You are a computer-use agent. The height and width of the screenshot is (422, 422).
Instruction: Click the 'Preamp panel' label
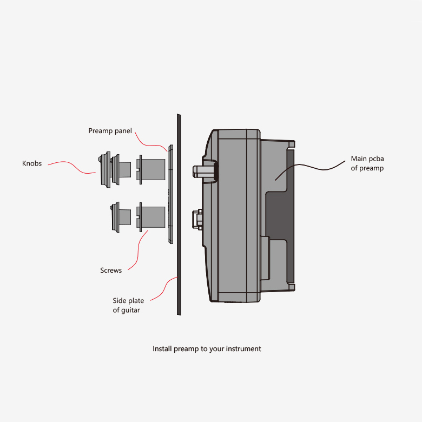[110, 131]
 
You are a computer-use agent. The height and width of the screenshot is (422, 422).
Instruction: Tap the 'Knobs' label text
[32, 163]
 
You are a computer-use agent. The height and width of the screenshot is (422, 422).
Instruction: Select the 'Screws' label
[111, 270]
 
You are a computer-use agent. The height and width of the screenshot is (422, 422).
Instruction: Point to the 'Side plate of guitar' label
[128, 305]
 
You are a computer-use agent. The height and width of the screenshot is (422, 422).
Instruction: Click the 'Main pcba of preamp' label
[367, 163]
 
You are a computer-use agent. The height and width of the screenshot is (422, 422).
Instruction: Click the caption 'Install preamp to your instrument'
[207, 349]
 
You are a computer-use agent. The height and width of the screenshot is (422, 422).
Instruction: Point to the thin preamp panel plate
[170, 195]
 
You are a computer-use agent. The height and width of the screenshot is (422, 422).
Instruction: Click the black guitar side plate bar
[178, 216]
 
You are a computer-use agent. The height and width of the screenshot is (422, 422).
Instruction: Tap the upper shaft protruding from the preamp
[201, 170]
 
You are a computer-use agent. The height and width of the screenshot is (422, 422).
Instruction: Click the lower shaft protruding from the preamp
[198, 219]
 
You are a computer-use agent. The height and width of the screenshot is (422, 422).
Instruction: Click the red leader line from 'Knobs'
[73, 165]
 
